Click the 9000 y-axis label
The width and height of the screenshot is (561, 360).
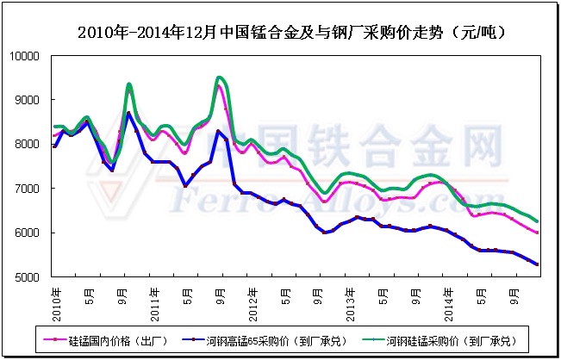tap(30, 100)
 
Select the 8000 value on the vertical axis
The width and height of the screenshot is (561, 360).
tap(30, 145)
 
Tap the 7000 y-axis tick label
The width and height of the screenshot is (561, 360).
tap(30, 189)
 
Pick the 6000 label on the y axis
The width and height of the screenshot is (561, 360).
tap(30, 233)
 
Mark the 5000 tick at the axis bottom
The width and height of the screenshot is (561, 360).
tap(30, 277)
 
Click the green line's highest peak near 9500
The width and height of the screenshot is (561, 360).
tap(220, 78)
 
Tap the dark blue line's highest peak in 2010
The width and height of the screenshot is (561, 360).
tap(129, 113)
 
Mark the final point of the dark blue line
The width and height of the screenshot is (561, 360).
tap(538, 264)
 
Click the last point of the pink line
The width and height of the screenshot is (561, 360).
tap(538, 233)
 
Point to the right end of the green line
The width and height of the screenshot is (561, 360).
tap(538, 221)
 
